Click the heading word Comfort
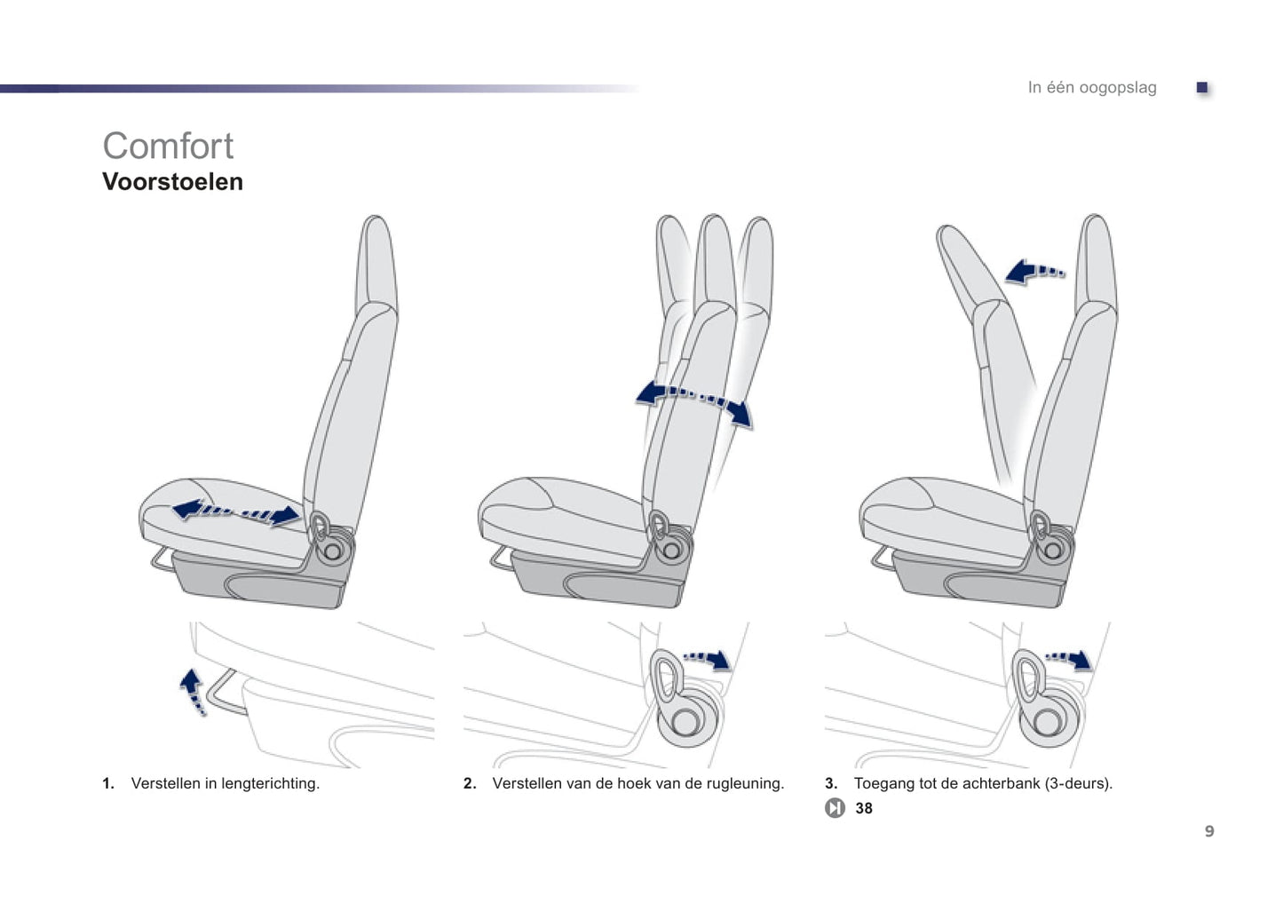pyautogui.click(x=168, y=146)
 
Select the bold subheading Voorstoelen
pyautogui.click(x=172, y=182)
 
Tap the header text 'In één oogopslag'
pyautogui.click(x=1092, y=87)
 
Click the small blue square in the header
pyautogui.click(x=1201, y=87)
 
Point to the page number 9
pyautogui.click(x=1209, y=830)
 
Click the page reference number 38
pyautogui.click(x=864, y=808)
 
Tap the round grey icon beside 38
pyautogui.click(x=835, y=808)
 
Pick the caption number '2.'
pyautogui.click(x=470, y=783)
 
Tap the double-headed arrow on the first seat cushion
pyautogui.click(x=235, y=511)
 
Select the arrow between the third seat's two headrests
pyautogui.click(x=1034, y=272)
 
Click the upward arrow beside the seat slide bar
pyautogui.click(x=193, y=692)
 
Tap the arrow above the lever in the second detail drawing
pyautogui.click(x=707, y=659)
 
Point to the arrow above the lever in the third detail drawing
pyautogui.click(x=1069, y=659)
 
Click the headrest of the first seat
pyautogui.click(x=376, y=265)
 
